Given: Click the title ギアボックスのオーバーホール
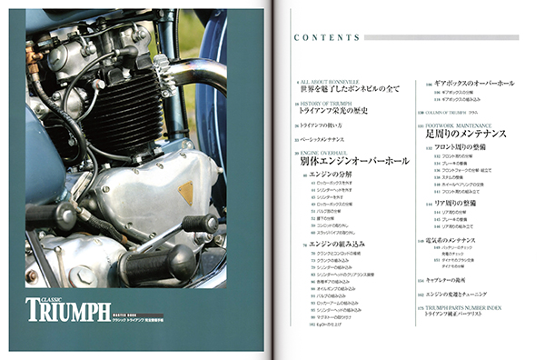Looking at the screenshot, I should point(473,82).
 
